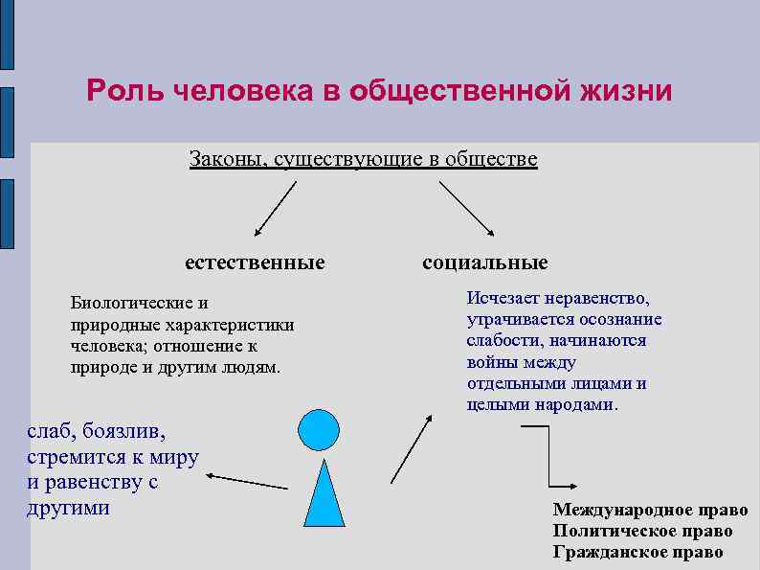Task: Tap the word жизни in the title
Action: click(626, 91)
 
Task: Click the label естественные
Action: click(255, 262)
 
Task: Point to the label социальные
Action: click(485, 262)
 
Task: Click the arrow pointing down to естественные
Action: click(275, 208)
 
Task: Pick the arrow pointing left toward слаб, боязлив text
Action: click(247, 481)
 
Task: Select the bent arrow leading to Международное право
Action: click(549, 460)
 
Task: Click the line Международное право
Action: click(643, 510)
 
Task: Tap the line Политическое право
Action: click(642, 531)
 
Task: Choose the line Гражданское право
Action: click(637, 552)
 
